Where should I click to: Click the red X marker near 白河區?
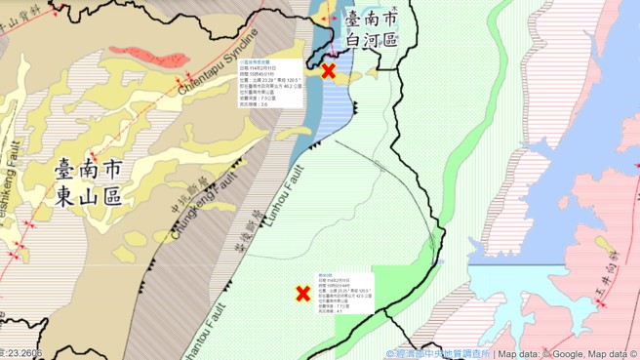click(x=329, y=70)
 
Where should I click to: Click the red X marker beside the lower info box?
click(x=302, y=293)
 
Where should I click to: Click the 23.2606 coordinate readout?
click(x=21, y=353)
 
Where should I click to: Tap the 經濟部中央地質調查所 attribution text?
click(x=439, y=353)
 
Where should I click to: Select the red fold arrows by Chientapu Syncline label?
click(x=180, y=81)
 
